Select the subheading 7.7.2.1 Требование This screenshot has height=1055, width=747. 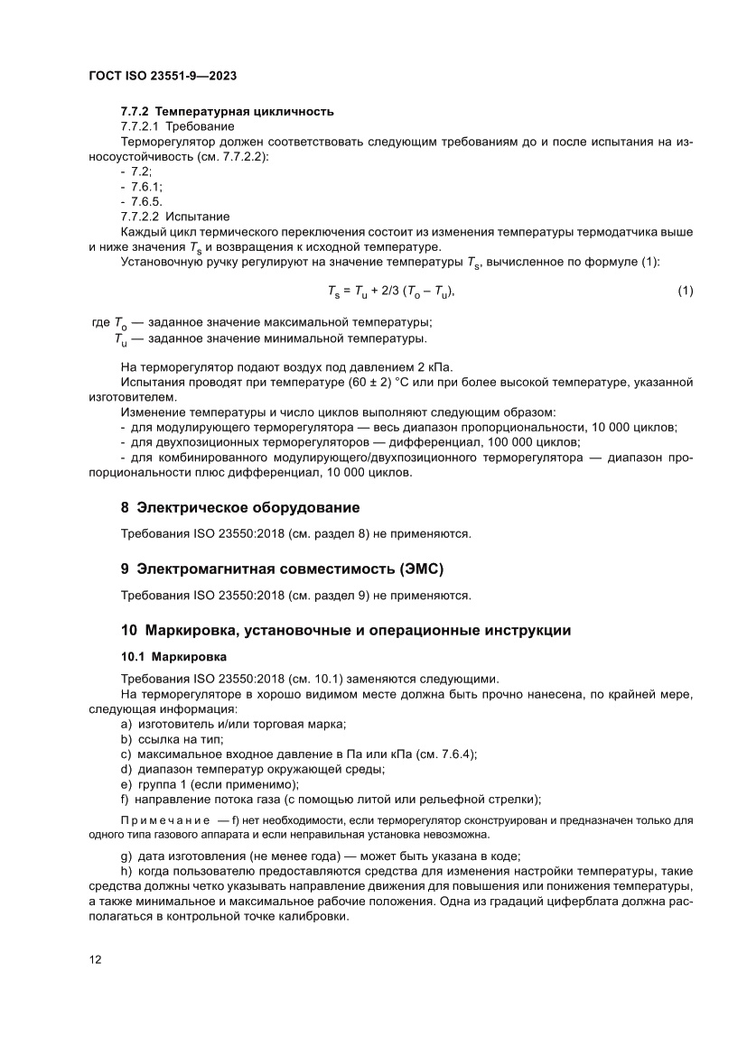(177, 126)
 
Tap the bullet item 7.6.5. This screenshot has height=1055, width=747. (145, 201)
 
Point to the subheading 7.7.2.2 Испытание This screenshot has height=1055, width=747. (175, 217)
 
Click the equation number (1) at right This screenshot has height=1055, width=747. (685, 291)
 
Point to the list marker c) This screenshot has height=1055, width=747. (126, 754)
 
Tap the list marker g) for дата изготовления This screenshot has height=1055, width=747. (126, 856)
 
